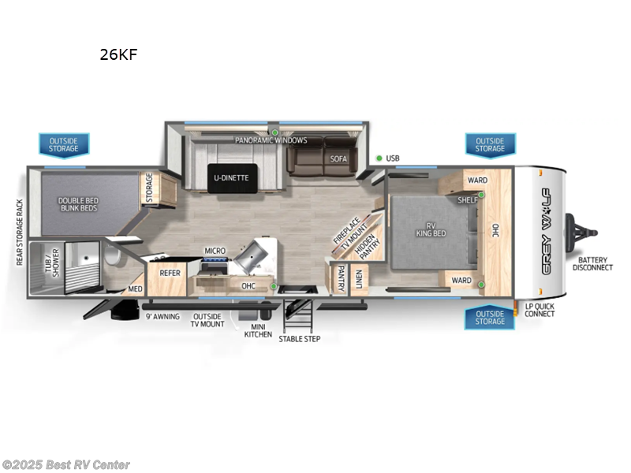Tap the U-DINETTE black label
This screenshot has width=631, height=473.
pos(231,177)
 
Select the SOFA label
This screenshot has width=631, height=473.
pos(338,158)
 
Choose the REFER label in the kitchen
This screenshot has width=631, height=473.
pos(170,273)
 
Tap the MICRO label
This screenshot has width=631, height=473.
pos(215,251)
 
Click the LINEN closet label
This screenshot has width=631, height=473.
pos(358,277)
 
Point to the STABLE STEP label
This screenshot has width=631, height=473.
pos(300,338)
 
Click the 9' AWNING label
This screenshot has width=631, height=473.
pos(162,317)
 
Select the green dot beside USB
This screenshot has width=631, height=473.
pos(379,158)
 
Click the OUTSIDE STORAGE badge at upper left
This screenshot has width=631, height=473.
pos(64,144)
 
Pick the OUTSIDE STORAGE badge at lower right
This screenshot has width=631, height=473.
pos(490,318)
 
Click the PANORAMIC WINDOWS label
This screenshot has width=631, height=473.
pos(271,140)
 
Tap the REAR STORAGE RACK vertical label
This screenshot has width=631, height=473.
pos(19,231)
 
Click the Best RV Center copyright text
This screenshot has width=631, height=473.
pos(66,465)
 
